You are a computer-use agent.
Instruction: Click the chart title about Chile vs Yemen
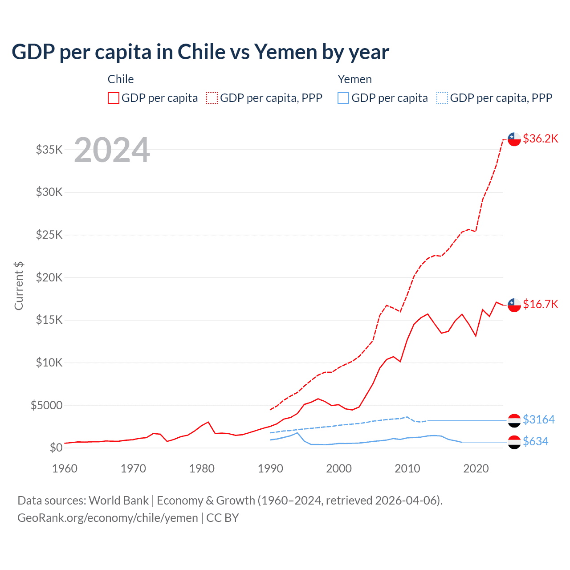point(200,52)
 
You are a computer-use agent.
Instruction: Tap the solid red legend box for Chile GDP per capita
point(114,98)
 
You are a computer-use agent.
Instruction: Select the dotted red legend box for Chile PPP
point(212,98)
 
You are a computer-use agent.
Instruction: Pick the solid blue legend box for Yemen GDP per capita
point(343,98)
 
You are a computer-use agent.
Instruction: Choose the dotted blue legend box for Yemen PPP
point(442,98)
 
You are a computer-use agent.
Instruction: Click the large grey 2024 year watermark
point(112,150)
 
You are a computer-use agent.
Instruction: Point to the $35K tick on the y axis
point(49,150)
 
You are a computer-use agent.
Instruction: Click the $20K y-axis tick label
point(49,277)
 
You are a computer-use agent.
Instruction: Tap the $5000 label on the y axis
point(47,405)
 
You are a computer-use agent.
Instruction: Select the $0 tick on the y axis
point(56,448)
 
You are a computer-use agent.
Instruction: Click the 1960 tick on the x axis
point(65,468)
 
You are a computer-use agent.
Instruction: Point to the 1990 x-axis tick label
point(270,468)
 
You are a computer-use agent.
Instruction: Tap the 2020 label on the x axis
point(476,468)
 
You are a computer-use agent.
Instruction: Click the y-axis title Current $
point(19,286)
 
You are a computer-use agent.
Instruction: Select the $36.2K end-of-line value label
point(540,138)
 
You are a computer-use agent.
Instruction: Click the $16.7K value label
point(540,304)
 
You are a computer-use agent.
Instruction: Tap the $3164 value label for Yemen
point(539,419)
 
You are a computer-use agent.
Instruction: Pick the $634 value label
point(536,441)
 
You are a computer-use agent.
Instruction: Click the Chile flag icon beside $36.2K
point(514,139)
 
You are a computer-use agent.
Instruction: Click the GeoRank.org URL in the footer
point(108,518)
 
